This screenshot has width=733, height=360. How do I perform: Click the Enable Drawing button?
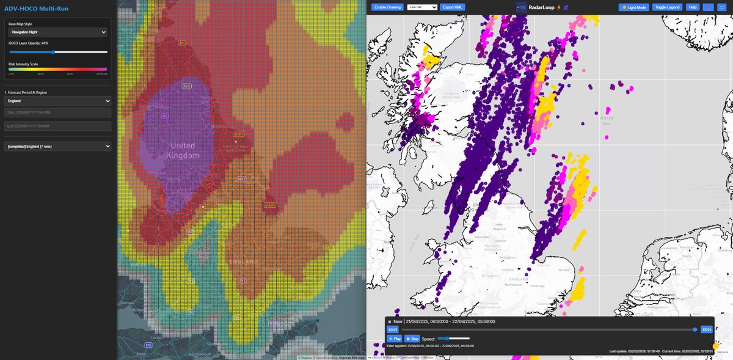tap(386, 7)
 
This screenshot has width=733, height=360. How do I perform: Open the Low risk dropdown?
tap(422, 7)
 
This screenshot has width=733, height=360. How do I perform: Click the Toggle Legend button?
tap(667, 7)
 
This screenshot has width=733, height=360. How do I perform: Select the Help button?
tap(692, 7)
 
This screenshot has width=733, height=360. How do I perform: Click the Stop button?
tap(411, 338)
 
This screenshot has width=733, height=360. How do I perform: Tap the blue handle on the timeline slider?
tap(695, 329)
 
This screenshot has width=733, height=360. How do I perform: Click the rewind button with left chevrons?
tap(393, 329)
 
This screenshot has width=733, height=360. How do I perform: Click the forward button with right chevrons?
tap(707, 329)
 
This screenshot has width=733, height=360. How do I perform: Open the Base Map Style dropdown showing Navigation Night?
tap(57, 32)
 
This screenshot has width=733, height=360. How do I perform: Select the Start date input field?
tap(57, 112)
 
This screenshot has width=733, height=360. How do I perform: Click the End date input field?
tap(57, 126)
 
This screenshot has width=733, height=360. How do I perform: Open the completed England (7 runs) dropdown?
tap(57, 146)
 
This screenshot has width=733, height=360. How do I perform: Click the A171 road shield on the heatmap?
tap(238, 133)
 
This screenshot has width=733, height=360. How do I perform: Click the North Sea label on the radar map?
tap(606, 121)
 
